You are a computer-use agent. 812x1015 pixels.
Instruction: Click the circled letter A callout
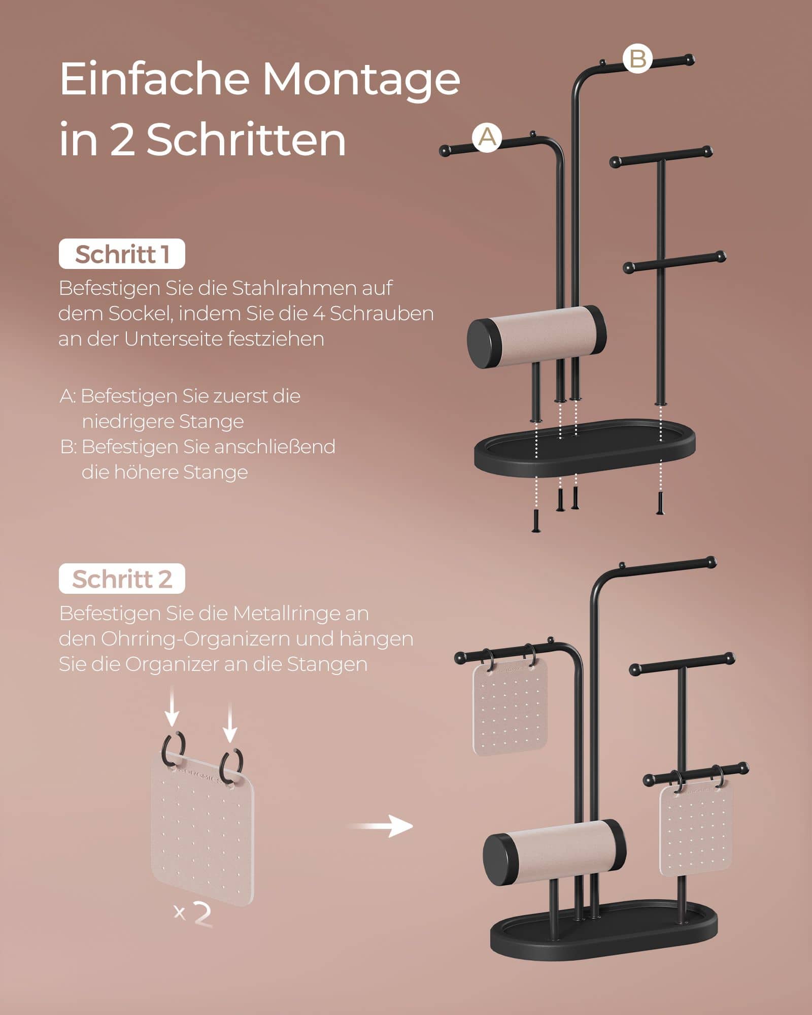click(x=487, y=137)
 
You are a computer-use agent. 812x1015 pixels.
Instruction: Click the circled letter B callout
click(x=637, y=59)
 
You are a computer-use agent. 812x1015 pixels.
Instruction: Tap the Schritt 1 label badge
click(x=122, y=254)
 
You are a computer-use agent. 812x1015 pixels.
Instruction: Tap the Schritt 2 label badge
click(x=122, y=579)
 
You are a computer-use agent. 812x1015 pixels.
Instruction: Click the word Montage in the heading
click(x=361, y=80)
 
